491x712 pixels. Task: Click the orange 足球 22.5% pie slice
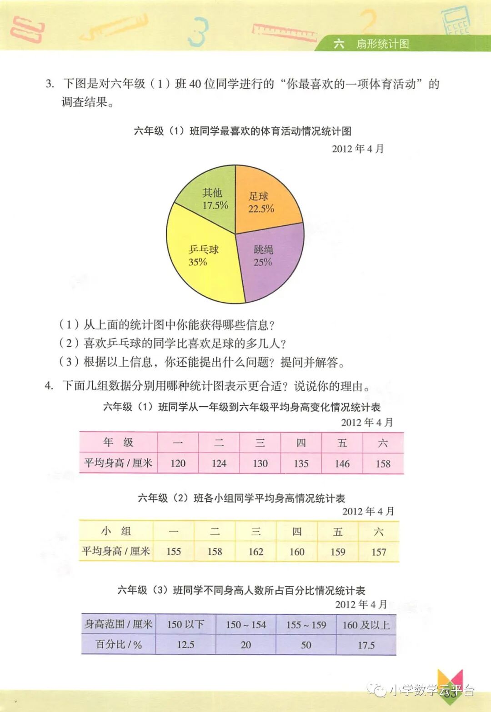(x=264, y=200)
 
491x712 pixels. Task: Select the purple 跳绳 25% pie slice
(x=268, y=259)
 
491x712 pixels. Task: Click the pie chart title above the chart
(x=243, y=131)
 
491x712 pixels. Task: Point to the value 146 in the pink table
(x=342, y=463)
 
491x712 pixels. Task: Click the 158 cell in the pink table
(x=383, y=463)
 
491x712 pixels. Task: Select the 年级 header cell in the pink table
(x=118, y=442)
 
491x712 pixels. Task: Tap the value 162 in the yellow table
(x=256, y=552)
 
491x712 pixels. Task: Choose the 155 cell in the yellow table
(x=174, y=552)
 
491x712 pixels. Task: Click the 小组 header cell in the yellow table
(x=116, y=531)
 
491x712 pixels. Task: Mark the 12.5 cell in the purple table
(x=185, y=645)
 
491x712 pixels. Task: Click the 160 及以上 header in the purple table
(x=366, y=625)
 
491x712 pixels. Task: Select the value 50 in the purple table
(x=306, y=645)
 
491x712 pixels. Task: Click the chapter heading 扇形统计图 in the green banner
(x=382, y=44)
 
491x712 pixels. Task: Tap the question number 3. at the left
(x=50, y=84)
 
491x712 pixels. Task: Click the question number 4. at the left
(x=49, y=386)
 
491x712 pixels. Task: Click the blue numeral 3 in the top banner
(x=199, y=32)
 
